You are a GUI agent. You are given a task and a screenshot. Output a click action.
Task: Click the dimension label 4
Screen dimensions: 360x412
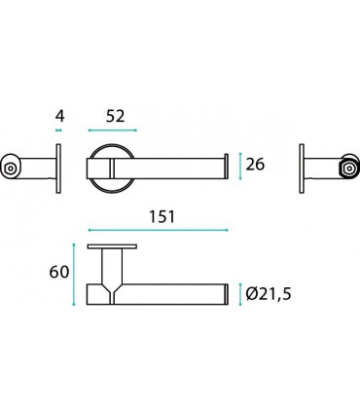coord(60,116)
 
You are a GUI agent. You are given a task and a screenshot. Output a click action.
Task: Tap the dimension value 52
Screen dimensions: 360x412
coord(115,116)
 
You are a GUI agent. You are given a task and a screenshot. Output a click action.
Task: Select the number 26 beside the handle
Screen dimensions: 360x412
coord(255,165)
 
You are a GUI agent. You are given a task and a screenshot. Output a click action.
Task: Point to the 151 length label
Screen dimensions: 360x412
coord(162,217)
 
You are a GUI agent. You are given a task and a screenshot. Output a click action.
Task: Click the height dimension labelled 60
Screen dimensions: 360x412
coord(59,272)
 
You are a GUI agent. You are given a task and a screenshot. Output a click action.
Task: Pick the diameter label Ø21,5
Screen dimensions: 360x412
coord(269,294)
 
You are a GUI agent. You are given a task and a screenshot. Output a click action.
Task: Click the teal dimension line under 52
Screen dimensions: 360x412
coord(113,131)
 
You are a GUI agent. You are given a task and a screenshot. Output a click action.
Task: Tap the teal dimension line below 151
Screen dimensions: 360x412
coord(158,230)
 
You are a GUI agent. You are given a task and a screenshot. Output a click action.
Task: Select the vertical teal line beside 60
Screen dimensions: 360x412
coord(74,275)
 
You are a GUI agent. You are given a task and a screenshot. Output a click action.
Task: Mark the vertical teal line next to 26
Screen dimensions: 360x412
coord(240,167)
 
